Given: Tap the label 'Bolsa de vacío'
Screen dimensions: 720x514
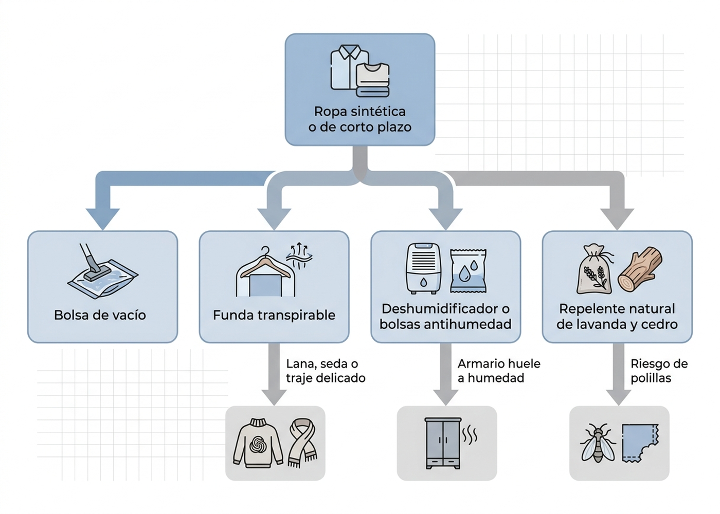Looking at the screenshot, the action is click(100, 315).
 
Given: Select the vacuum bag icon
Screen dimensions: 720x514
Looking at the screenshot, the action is click(102, 271).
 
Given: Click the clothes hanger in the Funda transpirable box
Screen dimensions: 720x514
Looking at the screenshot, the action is click(265, 262).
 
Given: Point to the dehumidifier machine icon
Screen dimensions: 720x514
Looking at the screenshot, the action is click(423, 268).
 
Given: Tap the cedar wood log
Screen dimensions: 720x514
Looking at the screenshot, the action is click(640, 269).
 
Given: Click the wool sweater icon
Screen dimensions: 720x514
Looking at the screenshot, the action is click(258, 443).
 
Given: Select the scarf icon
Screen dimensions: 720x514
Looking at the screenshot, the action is click(302, 443).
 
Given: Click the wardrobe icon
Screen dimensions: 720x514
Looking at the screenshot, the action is click(443, 443).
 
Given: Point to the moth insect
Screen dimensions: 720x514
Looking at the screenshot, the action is click(598, 443).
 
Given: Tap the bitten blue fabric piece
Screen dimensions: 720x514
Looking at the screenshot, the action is click(640, 443).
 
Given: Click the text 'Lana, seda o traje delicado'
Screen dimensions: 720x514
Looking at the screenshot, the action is click(326, 371).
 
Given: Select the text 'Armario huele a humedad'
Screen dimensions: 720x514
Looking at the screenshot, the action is click(499, 371).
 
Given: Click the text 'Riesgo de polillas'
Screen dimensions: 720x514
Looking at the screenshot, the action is click(659, 371).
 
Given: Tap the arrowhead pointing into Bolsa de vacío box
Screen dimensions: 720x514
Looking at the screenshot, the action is click(102, 219).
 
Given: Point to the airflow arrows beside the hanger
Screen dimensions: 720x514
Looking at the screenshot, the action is click(299, 256).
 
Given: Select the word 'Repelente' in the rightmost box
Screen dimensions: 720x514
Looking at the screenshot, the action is click(586, 309).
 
